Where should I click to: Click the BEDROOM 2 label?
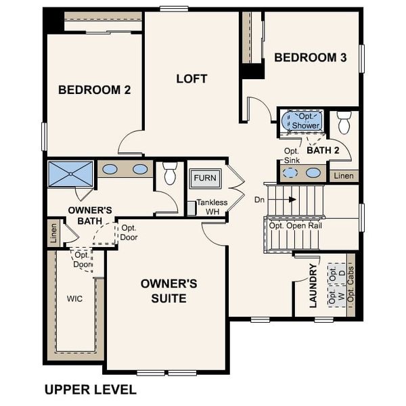tap(94, 89)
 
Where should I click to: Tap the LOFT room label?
tap(191, 78)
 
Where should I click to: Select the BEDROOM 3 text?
tap(310, 58)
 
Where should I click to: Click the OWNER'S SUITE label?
tap(168, 290)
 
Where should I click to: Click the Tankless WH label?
tap(212, 206)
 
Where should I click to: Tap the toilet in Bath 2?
tap(344, 122)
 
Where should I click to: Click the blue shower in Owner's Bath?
tap(70, 173)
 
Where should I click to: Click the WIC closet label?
tap(74, 298)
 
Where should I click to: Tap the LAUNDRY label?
tap(313, 286)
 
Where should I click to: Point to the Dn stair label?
tap(259, 200)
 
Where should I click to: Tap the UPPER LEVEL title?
tap(90, 389)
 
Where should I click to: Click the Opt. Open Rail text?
tap(295, 225)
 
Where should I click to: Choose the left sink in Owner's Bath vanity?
tap(110, 169)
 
